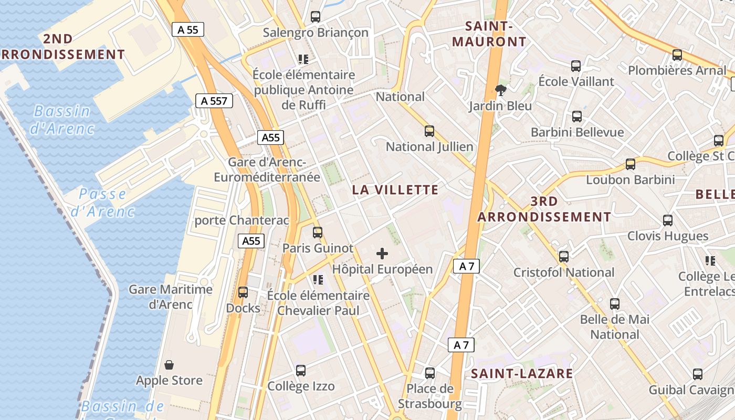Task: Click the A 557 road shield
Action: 214,101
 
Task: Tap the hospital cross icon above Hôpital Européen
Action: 382,254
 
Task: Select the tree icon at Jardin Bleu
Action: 501,90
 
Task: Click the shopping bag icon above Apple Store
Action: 169,364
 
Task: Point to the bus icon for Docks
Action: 243,292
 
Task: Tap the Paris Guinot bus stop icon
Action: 318,232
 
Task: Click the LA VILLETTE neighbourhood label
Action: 395,190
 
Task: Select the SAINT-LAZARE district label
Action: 521,374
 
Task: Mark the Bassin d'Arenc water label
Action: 62,120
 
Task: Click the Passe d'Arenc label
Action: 102,203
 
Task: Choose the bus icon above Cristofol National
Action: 564,257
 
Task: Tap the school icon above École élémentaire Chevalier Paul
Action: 318,280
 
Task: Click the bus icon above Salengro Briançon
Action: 316,17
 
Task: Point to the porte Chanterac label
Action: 241,220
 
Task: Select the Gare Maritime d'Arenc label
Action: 171,297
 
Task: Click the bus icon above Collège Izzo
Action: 301,371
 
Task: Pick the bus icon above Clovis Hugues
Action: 668,220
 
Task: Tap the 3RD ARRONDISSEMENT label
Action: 544,209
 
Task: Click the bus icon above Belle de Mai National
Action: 615,303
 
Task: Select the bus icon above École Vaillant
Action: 576,66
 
